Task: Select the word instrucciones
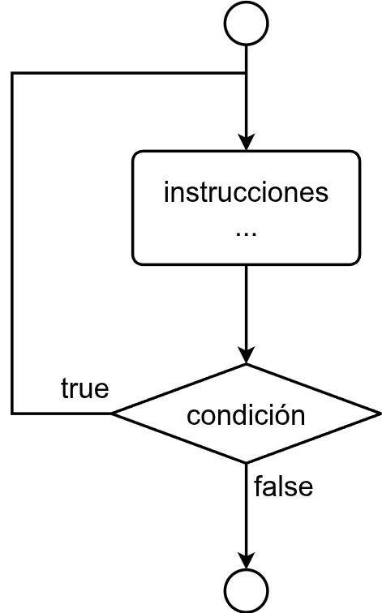[246, 192]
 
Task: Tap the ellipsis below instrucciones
[246, 234]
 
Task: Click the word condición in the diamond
[246, 414]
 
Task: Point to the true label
[85, 388]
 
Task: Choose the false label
[284, 487]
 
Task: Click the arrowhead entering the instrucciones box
[247, 143]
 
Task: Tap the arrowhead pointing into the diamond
[247, 355]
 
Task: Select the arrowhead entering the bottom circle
[247, 561]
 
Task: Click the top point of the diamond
[247, 364]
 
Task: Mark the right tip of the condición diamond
[380, 414]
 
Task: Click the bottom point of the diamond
[247, 462]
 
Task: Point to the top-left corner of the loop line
[12, 73]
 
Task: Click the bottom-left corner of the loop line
[12, 413]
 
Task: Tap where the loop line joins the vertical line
[247, 73]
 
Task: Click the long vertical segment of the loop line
[12, 242]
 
